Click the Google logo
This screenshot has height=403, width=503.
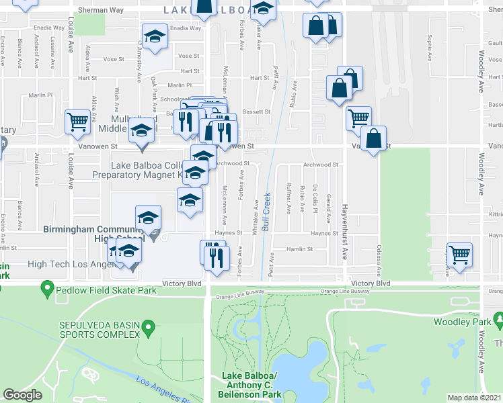22,394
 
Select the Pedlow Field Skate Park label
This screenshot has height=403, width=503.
106,290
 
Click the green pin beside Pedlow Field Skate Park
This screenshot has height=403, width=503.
47,290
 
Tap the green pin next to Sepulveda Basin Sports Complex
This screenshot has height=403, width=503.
150,329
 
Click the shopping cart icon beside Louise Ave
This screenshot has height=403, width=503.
77,122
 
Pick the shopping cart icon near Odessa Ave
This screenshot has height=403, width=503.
460,255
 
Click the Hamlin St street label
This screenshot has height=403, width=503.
301,249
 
